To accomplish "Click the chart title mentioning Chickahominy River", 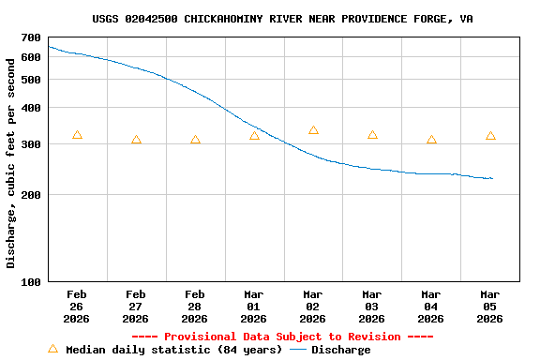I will [282, 18].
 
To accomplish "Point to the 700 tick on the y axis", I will [31, 37].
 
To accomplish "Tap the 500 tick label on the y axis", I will [31, 80].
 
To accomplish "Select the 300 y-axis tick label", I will [31, 144].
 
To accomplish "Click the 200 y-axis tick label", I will [31, 195].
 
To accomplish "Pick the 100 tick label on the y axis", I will [31, 281].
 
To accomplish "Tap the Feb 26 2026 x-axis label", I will [77, 306].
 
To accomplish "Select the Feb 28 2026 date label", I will [195, 306].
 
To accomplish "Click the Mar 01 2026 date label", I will [254, 306].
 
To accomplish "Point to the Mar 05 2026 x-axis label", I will [490, 306].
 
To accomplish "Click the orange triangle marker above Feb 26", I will [77, 136].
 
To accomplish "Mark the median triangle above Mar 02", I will [313, 130].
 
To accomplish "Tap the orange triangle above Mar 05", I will [490, 136].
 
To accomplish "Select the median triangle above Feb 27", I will [136, 140].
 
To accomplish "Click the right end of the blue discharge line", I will [492, 178].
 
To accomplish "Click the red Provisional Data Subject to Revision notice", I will [282, 337].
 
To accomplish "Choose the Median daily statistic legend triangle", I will [52, 349].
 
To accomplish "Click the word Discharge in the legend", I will [340, 350].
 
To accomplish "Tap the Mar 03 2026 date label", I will [372, 306].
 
